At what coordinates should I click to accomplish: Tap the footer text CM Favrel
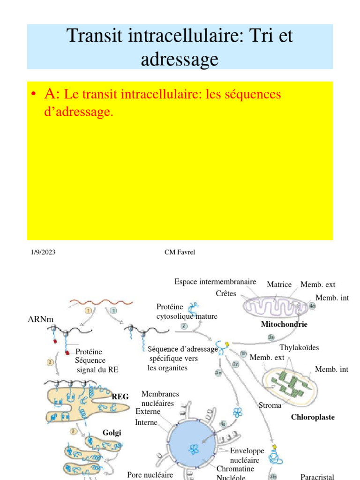pyautogui.click(x=180, y=252)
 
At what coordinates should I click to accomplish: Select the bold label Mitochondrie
pyautogui.click(x=284, y=324)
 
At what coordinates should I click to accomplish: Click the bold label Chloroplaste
pyautogui.click(x=313, y=417)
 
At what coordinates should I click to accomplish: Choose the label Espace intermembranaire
pyautogui.click(x=215, y=282)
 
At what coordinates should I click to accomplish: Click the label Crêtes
pyautogui.click(x=226, y=293)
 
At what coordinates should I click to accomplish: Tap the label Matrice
pyautogui.click(x=279, y=285)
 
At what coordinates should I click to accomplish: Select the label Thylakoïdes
pyautogui.click(x=299, y=347)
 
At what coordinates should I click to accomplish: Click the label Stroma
pyautogui.click(x=270, y=405)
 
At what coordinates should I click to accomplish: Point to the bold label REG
pyautogui.click(x=120, y=397)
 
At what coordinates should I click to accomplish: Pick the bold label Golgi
pyautogui.click(x=112, y=432)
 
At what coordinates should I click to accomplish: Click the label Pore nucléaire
pyautogui.click(x=150, y=475)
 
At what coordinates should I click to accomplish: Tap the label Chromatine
pyautogui.click(x=235, y=469)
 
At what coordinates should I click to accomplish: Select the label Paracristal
pyautogui.click(x=317, y=477)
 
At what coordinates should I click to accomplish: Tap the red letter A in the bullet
pyautogui.click(x=51, y=94)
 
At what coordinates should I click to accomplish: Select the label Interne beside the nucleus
pyautogui.click(x=146, y=422)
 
